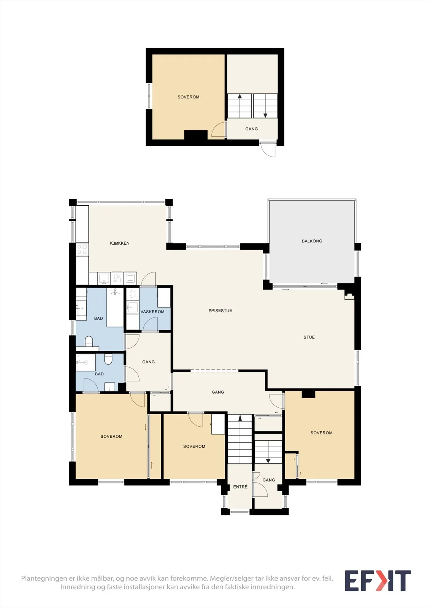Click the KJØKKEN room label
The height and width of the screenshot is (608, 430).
119,243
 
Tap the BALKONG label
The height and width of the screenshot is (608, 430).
312,241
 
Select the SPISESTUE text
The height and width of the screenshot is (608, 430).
220,311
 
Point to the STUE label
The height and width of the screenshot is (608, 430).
309,337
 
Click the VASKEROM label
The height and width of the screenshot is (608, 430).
152,312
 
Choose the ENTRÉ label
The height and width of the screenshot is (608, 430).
240,487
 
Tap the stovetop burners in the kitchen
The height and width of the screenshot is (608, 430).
82,249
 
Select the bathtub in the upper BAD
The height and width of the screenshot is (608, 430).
115,307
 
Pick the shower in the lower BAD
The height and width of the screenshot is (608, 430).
86,363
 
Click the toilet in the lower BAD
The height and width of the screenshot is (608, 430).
108,359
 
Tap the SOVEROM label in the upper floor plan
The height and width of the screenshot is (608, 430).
189,97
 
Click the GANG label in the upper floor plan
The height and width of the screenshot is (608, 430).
252,129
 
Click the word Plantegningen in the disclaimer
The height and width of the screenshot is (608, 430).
44,578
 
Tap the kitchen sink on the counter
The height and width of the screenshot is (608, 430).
104,278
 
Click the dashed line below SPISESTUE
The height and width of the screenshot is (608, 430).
214,370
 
